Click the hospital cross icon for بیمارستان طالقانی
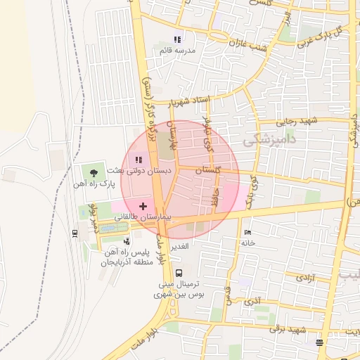tap(143, 206)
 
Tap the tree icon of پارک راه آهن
tap(93, 172)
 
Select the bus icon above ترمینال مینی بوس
tap(178, 272)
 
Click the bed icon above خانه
tap(246, 232)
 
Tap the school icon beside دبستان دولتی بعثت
tap(138, 160)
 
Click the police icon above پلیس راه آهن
tap(127, 240)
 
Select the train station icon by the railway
tap(75, 233)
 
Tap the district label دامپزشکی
tap(266, 141)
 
